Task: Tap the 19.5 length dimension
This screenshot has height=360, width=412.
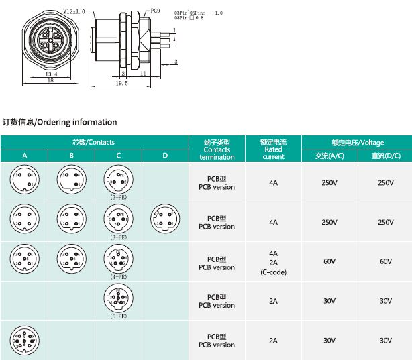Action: [x=121, y=84]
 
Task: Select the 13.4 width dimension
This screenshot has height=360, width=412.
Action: [x=50, y=75]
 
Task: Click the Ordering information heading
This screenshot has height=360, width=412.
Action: [x=60, y=122]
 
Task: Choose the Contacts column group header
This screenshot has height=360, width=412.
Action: [x=94, y=143]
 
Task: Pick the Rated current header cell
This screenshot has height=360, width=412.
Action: [x=273, y=149]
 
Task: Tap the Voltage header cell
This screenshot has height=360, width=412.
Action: [x=357, y=143]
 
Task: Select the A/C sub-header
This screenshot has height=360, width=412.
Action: [x=329, y=156]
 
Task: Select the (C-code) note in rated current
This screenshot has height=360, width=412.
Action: [x=273, y=272]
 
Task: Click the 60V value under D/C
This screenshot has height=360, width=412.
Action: [x=385, y=262]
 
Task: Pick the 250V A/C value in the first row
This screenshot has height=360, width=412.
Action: [x=329, y=183]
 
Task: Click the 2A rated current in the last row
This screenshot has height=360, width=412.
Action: [x=273, y=341]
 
